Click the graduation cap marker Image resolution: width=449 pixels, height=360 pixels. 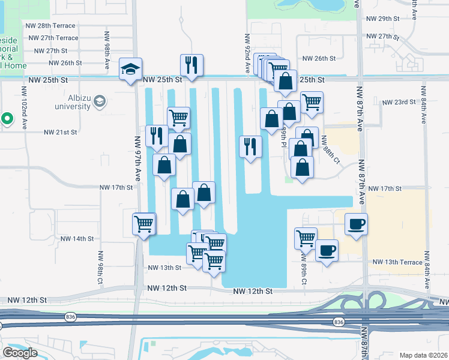coord(130,70)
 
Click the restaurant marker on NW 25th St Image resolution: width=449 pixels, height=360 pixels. coord(191,65)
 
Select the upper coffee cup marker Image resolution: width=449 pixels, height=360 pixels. coord(356,225)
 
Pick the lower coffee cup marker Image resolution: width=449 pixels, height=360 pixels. coord(327,250)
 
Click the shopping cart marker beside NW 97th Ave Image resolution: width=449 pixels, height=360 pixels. coord(144,225)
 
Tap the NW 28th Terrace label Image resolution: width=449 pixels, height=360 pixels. coord(51,26)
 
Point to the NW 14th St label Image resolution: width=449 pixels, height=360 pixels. coord(77,238)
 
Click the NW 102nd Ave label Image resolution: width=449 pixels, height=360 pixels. coord(24,107)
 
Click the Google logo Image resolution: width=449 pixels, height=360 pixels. coord(20,353)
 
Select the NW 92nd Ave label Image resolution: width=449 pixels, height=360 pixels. coord(247,54)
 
